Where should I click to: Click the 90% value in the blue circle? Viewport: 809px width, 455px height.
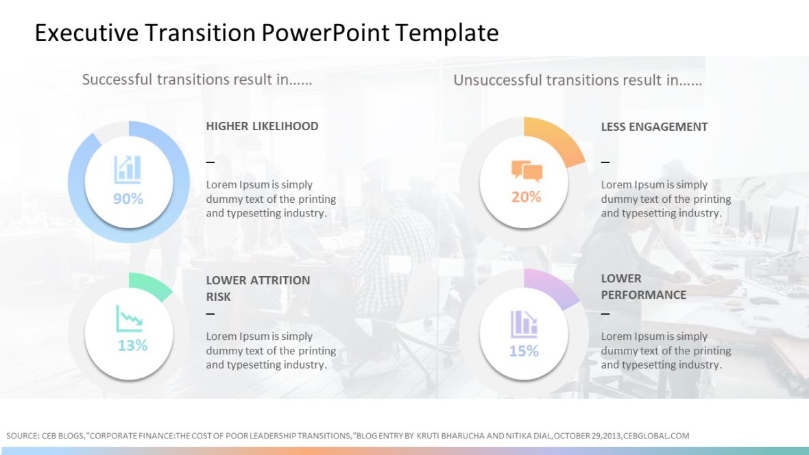[128, 199]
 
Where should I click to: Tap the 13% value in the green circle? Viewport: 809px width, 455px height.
[132, 345]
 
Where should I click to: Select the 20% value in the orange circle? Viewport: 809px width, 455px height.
[526, 197]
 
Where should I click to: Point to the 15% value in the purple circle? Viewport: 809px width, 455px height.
[524, 352]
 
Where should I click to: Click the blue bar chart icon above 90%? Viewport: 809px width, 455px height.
[128, 169]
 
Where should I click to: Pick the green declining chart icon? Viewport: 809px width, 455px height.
[130, 319]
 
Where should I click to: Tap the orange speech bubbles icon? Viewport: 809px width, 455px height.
[527, 171]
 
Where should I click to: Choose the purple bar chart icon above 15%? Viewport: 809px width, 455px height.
[524, 324]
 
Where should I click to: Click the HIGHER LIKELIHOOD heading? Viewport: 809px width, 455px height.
[262, 126]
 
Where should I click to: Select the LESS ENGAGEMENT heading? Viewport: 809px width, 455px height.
[654, 127]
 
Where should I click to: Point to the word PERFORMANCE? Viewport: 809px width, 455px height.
[643, 295]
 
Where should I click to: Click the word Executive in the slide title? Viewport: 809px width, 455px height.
[84, 33]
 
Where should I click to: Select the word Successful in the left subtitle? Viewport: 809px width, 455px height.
[117, 79]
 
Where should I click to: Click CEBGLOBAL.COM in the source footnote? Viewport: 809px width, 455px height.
[656, 436]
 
